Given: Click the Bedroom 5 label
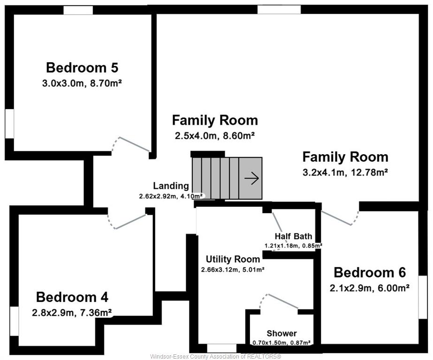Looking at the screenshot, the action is (x=82, y=68).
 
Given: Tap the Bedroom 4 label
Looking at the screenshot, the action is (x=72, y=297).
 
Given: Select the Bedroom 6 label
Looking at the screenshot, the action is (x=370, y=272).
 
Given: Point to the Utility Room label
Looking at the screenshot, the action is (x=233, y=259).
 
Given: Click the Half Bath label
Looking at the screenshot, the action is (x=293, y=236).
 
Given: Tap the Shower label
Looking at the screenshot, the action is (x=281, y=334).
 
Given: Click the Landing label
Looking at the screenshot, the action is (x=171, y=186).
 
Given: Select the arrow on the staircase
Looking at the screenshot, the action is (x=251, y=178).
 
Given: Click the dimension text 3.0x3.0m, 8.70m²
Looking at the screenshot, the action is (x=82, y=83).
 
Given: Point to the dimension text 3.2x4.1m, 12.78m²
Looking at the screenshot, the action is (x=345, y=172).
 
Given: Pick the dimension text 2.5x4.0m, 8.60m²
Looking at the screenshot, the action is (x=214, y=136).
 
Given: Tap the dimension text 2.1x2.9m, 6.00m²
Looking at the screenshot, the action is (x=370, y=288).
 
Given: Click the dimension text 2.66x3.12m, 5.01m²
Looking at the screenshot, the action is (x=233, y=270).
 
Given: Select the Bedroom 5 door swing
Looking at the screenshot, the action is (x=130, y=144).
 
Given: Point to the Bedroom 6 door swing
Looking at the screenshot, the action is (x=340, y=218).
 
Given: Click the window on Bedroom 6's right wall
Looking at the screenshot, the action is (x=423, y=297).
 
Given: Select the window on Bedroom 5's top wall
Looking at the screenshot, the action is (x=78, y=10).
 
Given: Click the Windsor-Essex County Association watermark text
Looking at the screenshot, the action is (x=216, y=356).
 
